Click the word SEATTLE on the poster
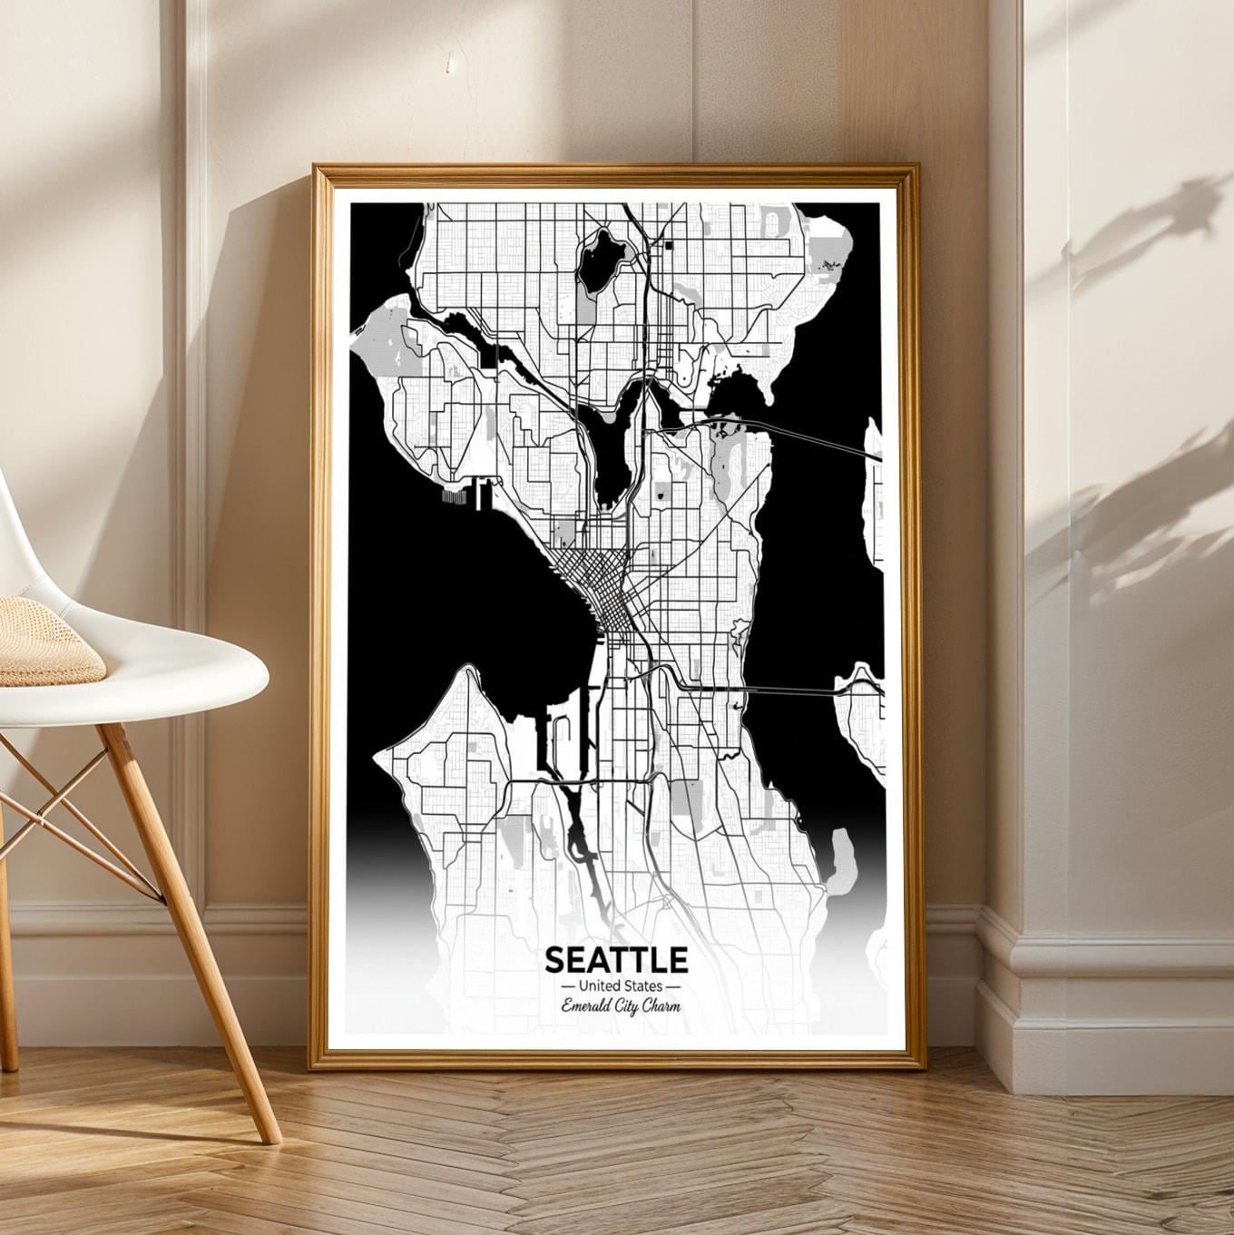616,959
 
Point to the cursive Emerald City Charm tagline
621,1005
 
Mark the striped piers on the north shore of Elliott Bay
454,496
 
